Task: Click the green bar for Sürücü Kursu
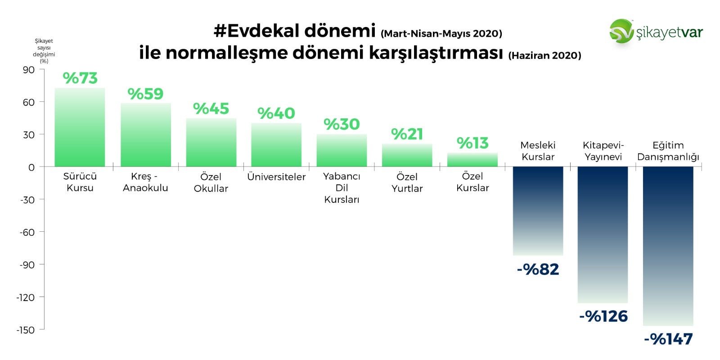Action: coord(80,127)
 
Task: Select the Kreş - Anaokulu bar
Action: coord(146,135)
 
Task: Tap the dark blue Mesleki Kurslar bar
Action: coord(538,211)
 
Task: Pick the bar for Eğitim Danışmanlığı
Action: coord(668,246)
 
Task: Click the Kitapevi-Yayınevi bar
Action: coord(603,234)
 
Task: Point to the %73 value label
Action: coord(80,78)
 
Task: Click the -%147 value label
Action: coord(668,339)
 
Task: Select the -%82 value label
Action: coord(538,270)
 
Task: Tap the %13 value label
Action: coord(472,143)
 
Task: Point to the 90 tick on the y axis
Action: coord(29,70)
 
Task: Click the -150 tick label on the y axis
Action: coord(25,330)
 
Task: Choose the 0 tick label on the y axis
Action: coord(31,167)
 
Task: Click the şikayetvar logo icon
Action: coord(621,31)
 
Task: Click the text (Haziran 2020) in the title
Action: coord(545,56)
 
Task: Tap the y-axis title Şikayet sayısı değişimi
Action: coord(44,51)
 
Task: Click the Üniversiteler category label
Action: coord(276,177)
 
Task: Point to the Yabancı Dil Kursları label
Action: coord(342,188)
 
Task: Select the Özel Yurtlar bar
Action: coord(407,155)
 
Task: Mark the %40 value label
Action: coord(276,113)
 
